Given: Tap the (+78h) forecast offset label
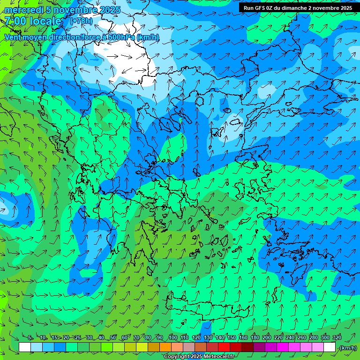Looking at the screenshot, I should (81, 21).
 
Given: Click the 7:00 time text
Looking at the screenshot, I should (15, 21).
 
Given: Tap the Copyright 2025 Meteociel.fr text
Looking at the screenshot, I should (199, 357).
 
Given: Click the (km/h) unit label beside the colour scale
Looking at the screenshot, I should (347, 347).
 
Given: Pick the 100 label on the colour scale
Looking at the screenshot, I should (173, 338).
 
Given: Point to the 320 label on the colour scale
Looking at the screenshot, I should (337, 338).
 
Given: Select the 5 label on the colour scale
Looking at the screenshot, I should (30, 338).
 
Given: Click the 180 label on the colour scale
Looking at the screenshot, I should (255, 338).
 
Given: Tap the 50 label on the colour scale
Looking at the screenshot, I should (113, 338).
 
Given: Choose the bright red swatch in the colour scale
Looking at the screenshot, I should (224, 347).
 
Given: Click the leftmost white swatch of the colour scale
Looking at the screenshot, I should (25, 347).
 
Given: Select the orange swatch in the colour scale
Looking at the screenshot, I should (165, 347).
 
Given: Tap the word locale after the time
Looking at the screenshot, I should (45, 21).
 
